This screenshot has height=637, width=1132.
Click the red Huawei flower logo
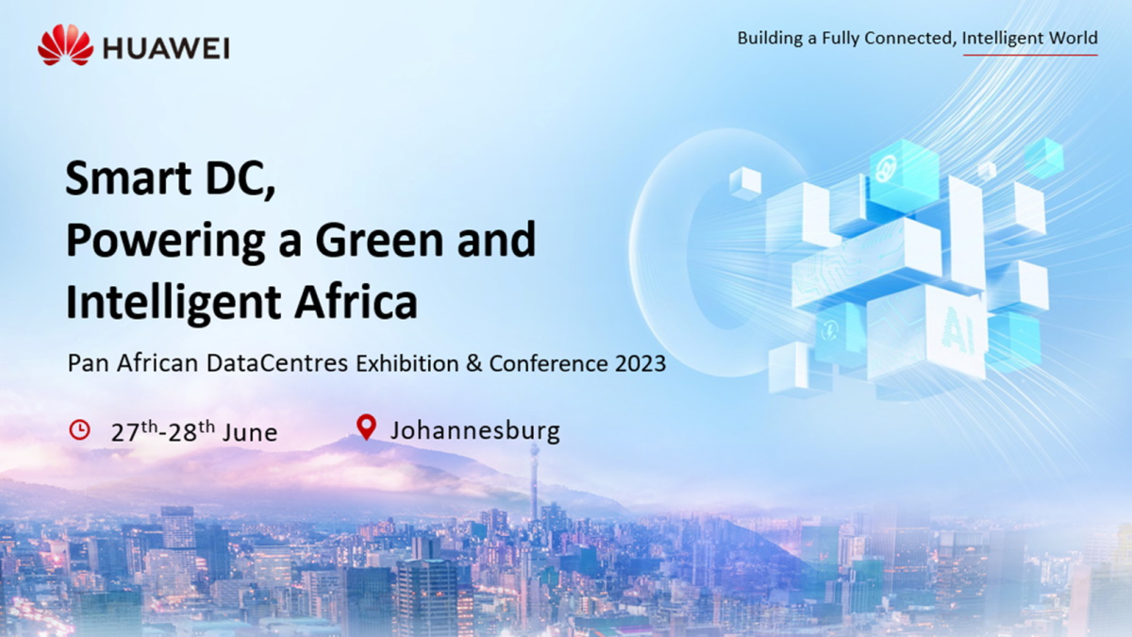point(65,45)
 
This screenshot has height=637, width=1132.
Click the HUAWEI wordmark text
point(166,48)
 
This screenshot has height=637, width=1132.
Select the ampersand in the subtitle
point(473,363)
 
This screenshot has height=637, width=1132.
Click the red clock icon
point(80,429)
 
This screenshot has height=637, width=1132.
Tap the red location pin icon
point(366,427)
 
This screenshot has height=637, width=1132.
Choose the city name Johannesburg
point(474,431)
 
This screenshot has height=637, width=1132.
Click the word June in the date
point(250,432)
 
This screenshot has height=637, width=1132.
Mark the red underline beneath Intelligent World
point(1029,55)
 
